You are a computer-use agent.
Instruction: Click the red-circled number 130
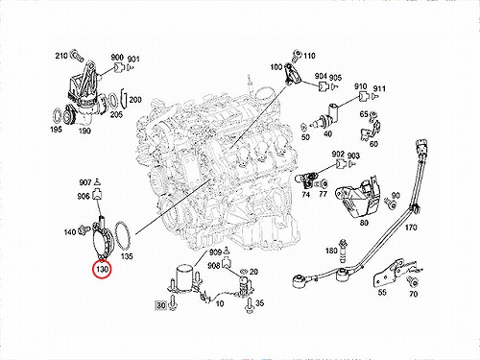[102, 270]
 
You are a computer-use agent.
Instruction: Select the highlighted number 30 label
[161, 305]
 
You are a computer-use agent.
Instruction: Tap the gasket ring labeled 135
[122, 236]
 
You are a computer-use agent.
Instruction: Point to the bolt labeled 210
[77, 57]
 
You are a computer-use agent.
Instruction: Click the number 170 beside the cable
[411, 228]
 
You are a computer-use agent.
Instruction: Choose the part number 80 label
[364, 222]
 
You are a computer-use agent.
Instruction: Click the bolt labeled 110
[297, 57]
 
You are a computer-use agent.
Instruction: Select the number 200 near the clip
[135, 100]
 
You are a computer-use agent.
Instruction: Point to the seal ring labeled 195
[57, 116]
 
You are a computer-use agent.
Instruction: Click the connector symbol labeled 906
[97, 195]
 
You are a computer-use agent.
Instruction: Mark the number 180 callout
[331, 251]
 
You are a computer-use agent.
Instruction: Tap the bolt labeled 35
[250, 305]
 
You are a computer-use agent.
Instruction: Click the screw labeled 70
[413, 281]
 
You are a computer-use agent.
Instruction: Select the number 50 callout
[305, 137]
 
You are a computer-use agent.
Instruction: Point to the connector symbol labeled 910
[363, 96]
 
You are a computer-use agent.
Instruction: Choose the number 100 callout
[276, 67]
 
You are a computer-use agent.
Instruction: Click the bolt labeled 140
[85, 229]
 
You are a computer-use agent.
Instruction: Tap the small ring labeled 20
[244, 272]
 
